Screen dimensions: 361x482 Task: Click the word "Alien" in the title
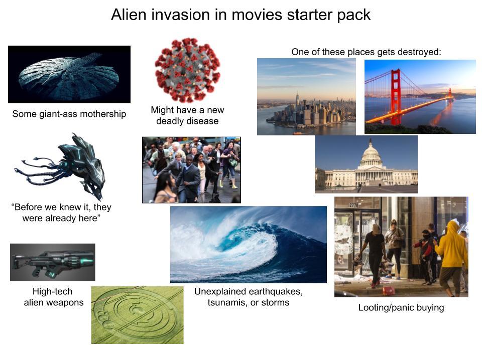pos(127,15)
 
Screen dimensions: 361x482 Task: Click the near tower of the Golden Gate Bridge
pos(396,95)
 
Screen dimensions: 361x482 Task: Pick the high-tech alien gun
pos(52,262)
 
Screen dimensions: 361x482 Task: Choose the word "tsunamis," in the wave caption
pos(225,302)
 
